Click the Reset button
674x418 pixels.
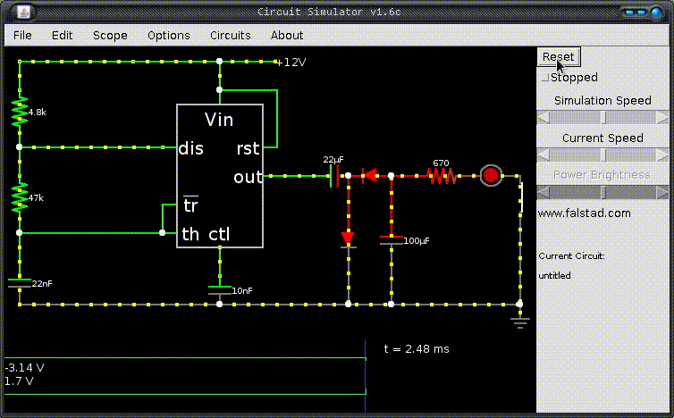point(559,57)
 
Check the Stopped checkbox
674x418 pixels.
point(545,78)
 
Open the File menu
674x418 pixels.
point(22,35)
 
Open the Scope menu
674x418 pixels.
point(110,35)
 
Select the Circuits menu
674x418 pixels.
point(231,35)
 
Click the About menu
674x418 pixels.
point(287,35)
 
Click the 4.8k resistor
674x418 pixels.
point(20,112)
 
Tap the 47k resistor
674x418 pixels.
point(20,197)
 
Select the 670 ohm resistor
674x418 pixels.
point(442,176)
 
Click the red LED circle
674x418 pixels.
point(491,175)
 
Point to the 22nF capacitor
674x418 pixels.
point(20,283)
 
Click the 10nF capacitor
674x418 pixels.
point(220,290)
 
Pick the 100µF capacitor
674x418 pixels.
point(392,240)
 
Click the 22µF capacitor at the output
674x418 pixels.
point(334,176)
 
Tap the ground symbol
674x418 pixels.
point(519,322)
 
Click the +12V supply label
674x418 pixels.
point(291,63)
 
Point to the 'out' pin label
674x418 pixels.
point(248,177)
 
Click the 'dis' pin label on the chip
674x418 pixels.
point(191,148)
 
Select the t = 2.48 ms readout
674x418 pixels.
point(416,349)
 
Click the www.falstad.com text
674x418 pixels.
point(584,213)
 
